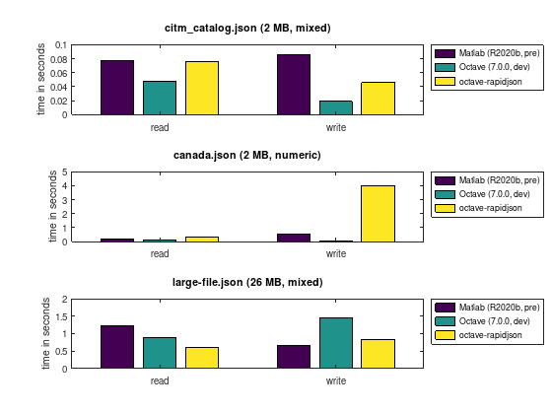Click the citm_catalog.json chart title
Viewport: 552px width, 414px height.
[x=247, y=28]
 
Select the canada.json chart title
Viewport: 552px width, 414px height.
[x=247, y=155]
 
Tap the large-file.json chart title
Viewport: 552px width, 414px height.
[x=247, y=282]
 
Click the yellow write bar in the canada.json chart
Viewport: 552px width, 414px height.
[x=379, y=214]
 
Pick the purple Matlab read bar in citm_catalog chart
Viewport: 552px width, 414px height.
[x=117, y=88]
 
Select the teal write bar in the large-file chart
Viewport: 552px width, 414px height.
[x=336, y=343]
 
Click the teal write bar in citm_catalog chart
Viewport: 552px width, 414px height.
[x=336, y=107]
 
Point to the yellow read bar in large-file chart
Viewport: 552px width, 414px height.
[x=202, y=358]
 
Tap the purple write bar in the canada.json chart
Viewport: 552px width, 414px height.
[x=294, y=238]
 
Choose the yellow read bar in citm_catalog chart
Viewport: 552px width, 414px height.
[x=202, y=88]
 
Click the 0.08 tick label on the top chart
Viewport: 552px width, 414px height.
[x=58, y=59]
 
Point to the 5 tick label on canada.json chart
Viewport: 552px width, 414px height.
[x=64, y=172]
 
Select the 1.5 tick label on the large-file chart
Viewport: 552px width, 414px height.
[x=59, y=316]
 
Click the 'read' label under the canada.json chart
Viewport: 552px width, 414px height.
[x=160, y=254]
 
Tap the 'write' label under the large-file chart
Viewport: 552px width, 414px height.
[x=336, y=380]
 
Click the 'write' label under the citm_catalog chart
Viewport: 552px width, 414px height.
[x=336, y=127]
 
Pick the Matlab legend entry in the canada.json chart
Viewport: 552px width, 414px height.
[x=487, y=180]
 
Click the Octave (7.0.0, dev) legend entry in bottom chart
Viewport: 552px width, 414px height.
[x=482, y=321]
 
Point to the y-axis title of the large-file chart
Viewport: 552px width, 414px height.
[x=45, y=334]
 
